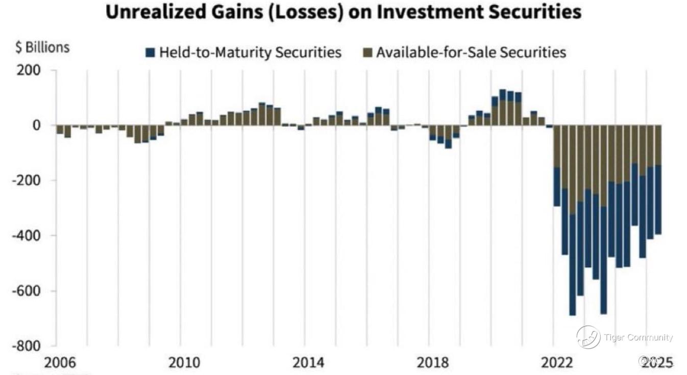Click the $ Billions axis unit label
pyautogui.click(x=42, y=48)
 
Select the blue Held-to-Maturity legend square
pyautogui.click(x=150, y=52)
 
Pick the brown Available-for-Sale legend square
pyautogui.click(x=367, y=52)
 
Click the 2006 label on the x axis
pyautogui.click(x=60, y=363)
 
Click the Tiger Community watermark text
pyautogui.click(x=638, y=337)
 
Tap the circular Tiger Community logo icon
pyautogui.click(x=588, y=337)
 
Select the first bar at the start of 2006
pyautogui.click(x=60, y=129)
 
